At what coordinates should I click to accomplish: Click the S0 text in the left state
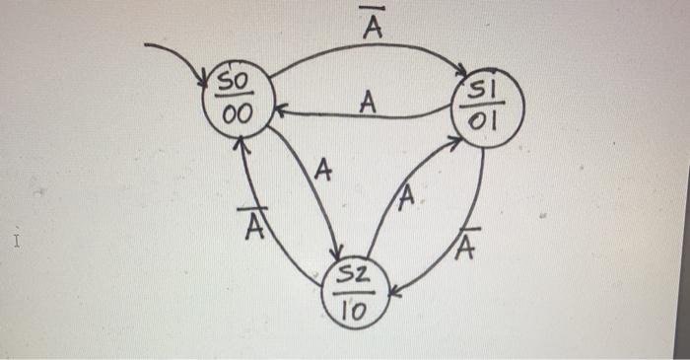[236, 79]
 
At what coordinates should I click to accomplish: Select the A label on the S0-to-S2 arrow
[322, 173]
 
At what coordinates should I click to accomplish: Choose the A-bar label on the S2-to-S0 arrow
[255, 226]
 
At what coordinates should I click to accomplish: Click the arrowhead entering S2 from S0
[338, 253]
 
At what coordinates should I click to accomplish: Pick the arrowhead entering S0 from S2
[238, 144]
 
